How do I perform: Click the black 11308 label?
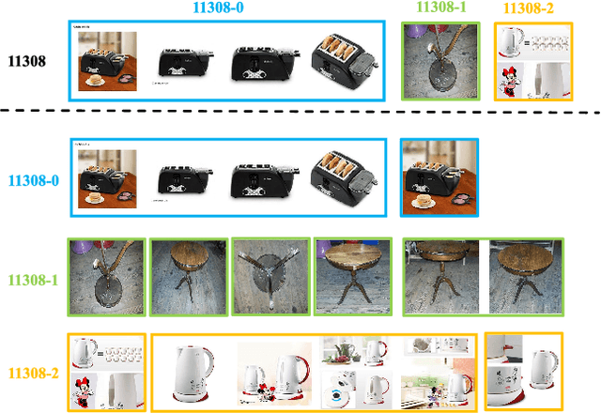point(27,61)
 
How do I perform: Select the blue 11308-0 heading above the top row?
point(218,8)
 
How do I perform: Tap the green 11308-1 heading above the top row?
point(441,7)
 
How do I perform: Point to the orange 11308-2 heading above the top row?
point(528,8)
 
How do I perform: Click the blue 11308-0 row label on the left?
point(34,180)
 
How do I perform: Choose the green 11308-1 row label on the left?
point(34,280)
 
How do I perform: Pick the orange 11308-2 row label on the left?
point(34,373)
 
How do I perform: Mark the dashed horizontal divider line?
point(300,111)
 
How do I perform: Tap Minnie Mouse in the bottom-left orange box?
point(83,392)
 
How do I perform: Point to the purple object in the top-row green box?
point(413,31)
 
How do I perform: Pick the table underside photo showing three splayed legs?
point(271,277)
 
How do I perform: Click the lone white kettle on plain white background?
point(194,374)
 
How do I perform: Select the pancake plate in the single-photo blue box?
point(424,201)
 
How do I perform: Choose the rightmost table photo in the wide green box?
point(525,277)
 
